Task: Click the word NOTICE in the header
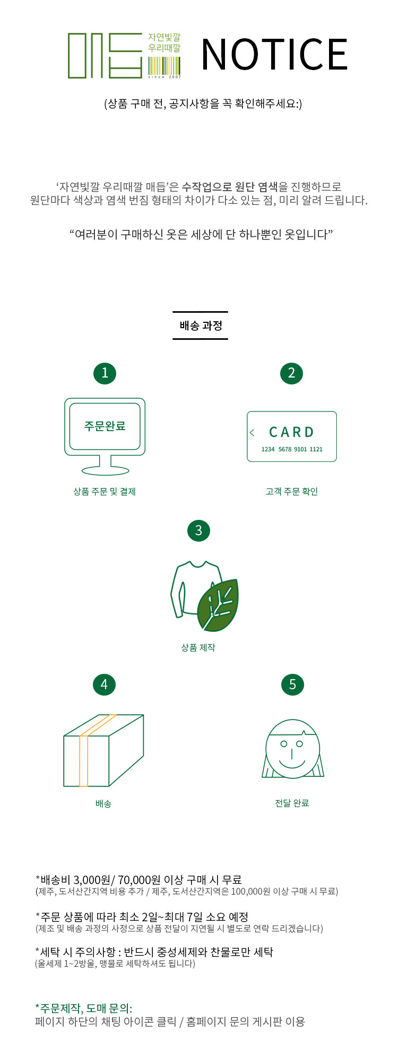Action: pos(274,54)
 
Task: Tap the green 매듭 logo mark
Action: pos(105,56)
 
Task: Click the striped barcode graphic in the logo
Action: pos(165,65)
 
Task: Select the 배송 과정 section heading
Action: pos(201,326)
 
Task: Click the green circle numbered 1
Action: pos(105,373)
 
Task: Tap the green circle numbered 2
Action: pos(291,373)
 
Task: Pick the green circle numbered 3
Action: pos(198,530)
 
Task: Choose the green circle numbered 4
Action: pos(104,684)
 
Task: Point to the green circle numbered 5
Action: pos(292,684)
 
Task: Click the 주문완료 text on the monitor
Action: pos(105,426)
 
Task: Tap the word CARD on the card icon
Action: pos(291,432)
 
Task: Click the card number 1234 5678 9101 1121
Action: pos(292,449)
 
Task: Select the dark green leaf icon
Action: pos(218,605)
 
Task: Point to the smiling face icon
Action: pos(292,749)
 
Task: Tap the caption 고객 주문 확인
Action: pos(291,492)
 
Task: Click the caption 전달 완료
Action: pos(292,803)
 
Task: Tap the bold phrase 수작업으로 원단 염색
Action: pos(230,186)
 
